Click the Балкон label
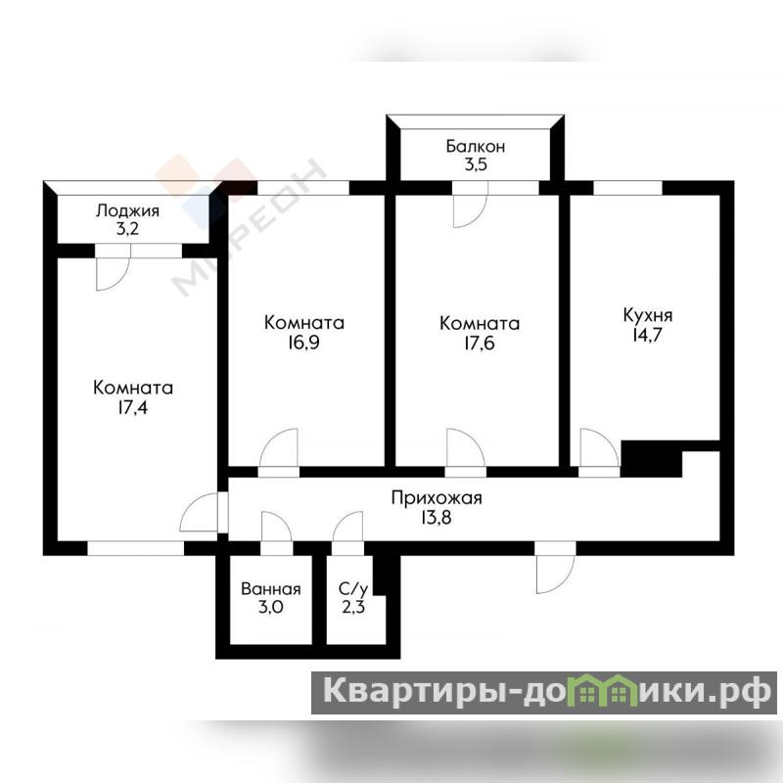click(476, 146)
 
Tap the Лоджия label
click(128, 210)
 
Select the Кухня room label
click(648, 315)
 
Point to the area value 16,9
click(303, 343)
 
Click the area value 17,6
click(480, 344)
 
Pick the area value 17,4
click(133, 407)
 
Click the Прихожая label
click(437, 498)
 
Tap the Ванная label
click(271, 589)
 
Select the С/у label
click(353, 589)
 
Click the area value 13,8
click(437, 518)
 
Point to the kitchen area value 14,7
click(647, 335)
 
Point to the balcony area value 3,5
click(476, 164)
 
